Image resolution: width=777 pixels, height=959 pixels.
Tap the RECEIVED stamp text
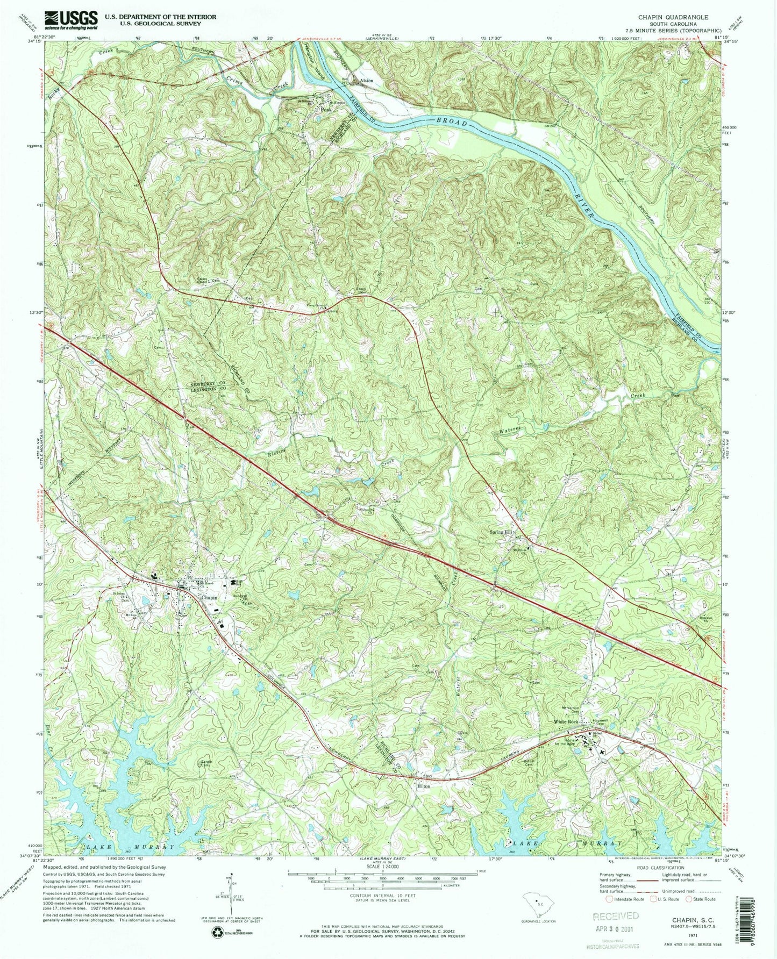click(x=616, y=915)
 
